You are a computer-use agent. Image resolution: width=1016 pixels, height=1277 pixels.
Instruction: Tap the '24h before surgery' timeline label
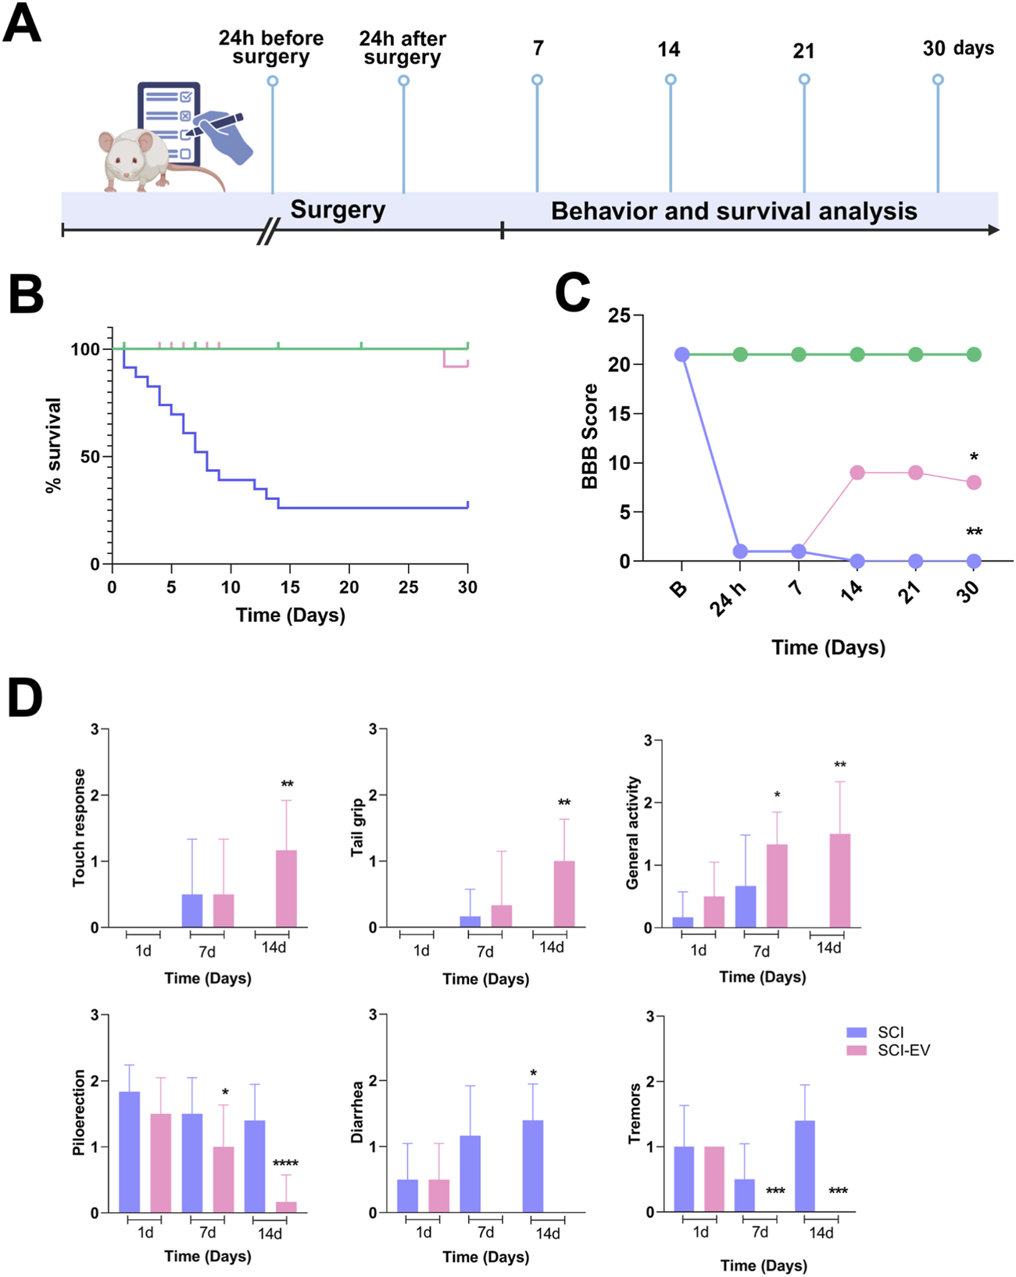(271, 48)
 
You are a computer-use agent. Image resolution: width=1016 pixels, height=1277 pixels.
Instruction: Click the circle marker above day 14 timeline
(671, 80)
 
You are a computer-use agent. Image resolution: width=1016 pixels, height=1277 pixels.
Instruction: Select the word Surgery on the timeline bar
(338, 210)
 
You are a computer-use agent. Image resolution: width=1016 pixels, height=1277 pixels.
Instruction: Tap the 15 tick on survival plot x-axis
(289, 587)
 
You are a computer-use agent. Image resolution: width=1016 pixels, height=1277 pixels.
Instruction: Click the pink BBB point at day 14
(857, 473)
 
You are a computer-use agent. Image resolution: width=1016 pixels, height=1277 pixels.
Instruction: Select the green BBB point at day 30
(974, 355)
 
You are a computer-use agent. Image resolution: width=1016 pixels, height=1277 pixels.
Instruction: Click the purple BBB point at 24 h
(740, 551)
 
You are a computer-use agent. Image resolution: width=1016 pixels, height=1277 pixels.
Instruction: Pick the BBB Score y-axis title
(590, 437)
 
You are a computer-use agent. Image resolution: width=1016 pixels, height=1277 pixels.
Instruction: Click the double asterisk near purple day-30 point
(974, 533)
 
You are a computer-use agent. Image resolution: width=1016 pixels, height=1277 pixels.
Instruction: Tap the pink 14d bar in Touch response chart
(286, 889)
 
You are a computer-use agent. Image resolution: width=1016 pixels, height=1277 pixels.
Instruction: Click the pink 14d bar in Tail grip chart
(564, 894)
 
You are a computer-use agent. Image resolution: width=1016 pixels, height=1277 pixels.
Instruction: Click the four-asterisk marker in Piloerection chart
(285, 1164)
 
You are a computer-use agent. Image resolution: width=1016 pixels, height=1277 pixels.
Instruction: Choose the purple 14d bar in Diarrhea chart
(533, 1166)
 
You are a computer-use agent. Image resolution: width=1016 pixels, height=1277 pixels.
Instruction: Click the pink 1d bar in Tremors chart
(714, 1179)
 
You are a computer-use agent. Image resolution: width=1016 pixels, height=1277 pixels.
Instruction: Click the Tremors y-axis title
(635, 1114)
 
